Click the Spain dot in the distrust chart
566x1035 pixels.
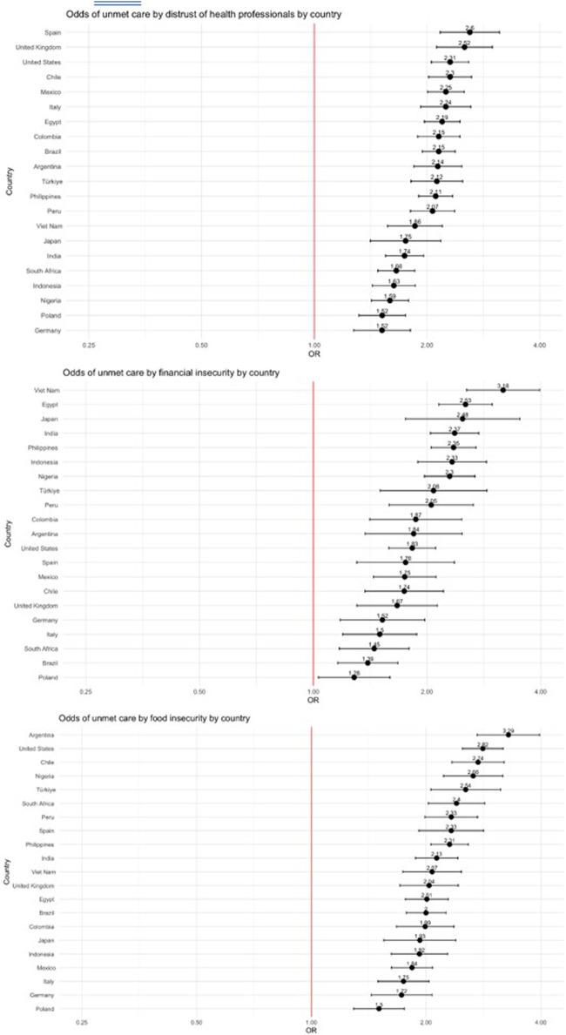(468, 32)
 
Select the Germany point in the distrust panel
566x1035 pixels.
(381, 330)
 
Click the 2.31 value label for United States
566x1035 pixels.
(449, 57)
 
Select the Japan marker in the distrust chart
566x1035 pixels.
(405, 241)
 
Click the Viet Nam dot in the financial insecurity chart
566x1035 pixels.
(502, 390)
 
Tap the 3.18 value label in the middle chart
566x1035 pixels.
(502, 384)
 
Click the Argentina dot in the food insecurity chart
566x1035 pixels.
(508, 736)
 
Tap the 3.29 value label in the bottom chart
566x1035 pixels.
(508, 729)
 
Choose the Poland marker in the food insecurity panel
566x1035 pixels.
(378, 1008)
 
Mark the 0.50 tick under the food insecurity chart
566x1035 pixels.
(197, 1021)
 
